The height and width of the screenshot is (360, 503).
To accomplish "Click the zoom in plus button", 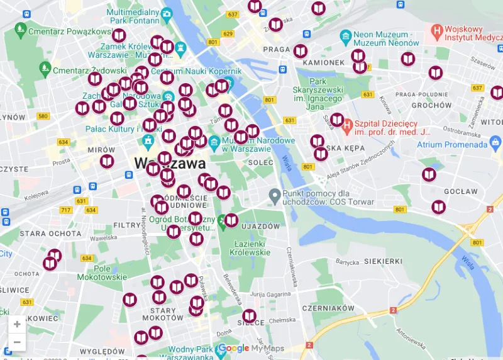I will [17, 325].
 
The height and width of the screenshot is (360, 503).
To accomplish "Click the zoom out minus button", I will [17, 342].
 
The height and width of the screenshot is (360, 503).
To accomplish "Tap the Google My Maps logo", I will [251, 349].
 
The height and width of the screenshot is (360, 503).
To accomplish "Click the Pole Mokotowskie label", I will [102, 273].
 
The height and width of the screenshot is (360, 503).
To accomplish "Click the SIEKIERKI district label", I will [378, 261].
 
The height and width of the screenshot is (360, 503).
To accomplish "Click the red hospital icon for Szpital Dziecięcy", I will [346, 120].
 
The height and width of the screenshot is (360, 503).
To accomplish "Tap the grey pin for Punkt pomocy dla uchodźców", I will [274, 196].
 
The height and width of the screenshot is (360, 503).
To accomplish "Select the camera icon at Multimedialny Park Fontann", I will [167, 13].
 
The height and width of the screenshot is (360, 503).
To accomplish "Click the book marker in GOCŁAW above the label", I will [429, 174].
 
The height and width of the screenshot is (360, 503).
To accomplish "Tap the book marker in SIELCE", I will [250, 315].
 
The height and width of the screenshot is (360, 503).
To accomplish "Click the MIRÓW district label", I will [101, 150].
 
